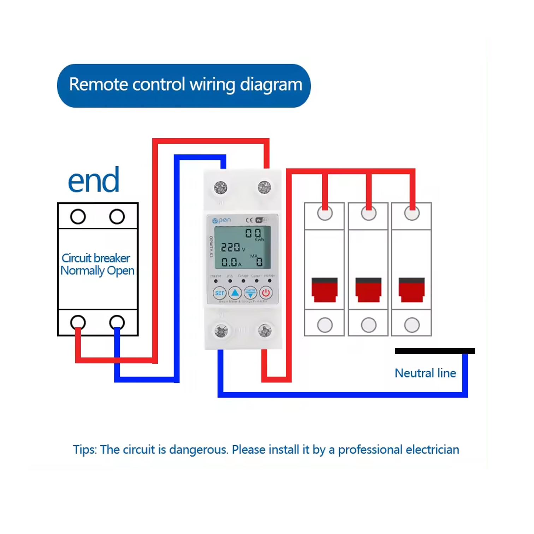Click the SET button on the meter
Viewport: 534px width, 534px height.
219,293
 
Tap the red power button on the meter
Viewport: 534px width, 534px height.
266,293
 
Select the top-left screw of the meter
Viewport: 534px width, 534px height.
221,188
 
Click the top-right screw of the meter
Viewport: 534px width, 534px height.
264,188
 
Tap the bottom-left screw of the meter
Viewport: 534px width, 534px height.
221,331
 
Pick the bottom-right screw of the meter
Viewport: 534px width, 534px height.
265,331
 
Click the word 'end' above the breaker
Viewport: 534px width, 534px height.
94,180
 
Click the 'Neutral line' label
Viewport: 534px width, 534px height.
425,373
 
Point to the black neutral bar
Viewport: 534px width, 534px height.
435,351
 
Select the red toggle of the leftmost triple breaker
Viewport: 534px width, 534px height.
325,290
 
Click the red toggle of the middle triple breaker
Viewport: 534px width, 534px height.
368,290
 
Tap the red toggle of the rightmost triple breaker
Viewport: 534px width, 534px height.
411,290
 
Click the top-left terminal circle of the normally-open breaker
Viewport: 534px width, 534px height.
78,216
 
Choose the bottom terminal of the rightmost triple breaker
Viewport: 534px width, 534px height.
412,325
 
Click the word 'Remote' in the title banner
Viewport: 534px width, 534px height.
98,85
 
